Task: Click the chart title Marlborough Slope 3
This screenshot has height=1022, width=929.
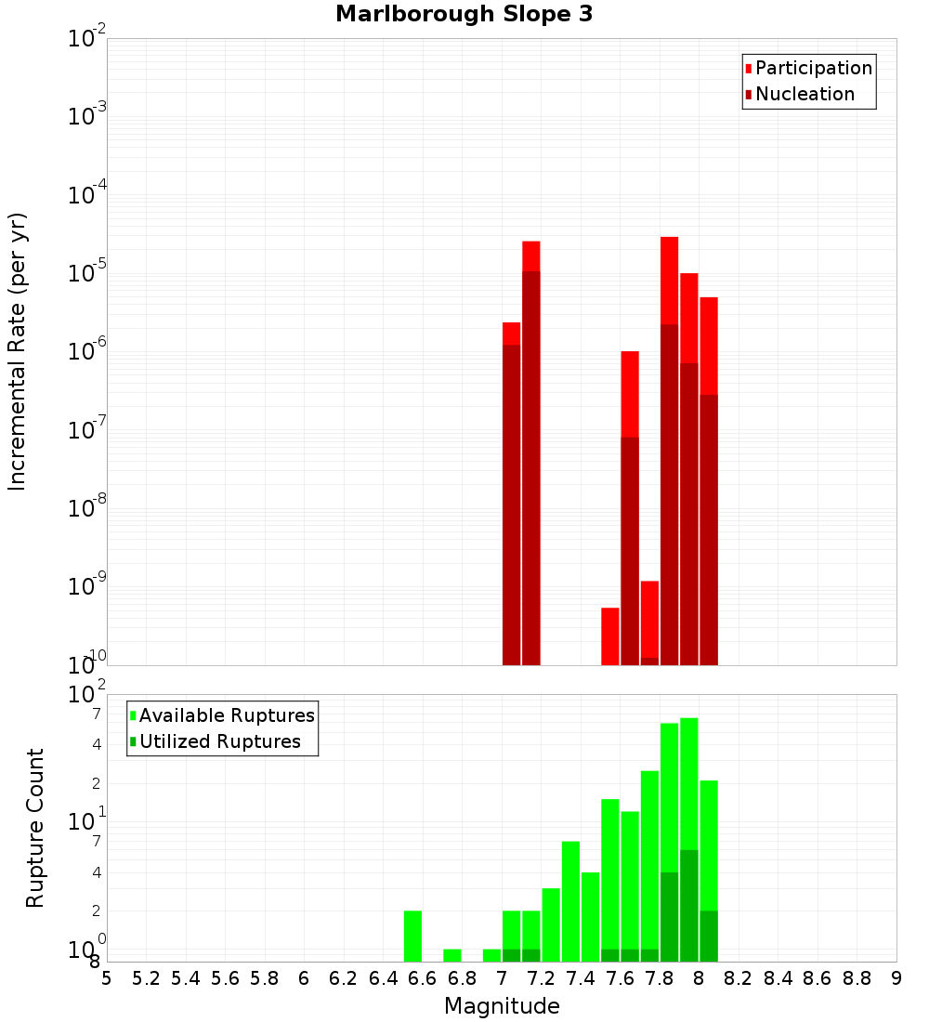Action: click(x=464, y=15)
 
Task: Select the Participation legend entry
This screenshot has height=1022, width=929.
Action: click(x=813, y=68)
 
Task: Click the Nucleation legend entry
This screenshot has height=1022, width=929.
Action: click(x=804, y=94)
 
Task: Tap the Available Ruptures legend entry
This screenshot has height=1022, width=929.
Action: click(x=226, y=715)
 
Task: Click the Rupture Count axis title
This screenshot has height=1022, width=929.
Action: click(x=35, y=828)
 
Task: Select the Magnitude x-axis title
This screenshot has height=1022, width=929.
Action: click(x=502, y=1006)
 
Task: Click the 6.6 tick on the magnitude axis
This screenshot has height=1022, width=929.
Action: click(x=423, y=978)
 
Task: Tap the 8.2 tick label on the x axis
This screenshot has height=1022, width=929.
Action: click(x=739, y=978)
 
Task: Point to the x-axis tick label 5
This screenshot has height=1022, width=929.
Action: click(x=107, y=978)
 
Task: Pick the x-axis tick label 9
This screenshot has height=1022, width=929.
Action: click(x=896, y=978)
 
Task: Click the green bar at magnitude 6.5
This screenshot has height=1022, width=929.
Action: click(x=412, y=936)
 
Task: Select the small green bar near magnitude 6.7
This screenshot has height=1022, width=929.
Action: click(x=452, y=955)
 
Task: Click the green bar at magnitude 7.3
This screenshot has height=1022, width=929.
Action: click(x=551, y=924)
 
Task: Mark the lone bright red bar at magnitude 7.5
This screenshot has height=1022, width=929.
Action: click(x=610, y=635)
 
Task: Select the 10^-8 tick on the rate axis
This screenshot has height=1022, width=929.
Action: click(x=87, y=508)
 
